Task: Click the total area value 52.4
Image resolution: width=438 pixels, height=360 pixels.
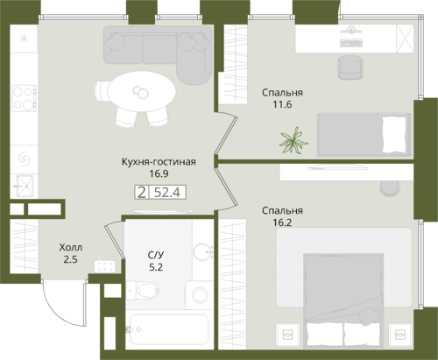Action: pos(166,193)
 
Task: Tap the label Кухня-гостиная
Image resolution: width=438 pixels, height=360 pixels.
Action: pos(159,162)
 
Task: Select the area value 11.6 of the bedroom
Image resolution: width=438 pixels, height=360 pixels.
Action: pos(282,104)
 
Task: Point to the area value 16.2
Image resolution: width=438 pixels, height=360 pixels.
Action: pos(282,222)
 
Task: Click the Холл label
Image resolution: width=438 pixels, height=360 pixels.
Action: pos(71,248)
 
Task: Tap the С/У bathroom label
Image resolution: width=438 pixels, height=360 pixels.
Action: pos(156,255)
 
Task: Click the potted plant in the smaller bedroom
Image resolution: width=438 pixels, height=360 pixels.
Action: pos(293,141)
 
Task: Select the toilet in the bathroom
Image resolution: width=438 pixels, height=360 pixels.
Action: pos(144,290)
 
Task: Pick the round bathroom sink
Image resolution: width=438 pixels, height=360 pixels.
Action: pos(203,251)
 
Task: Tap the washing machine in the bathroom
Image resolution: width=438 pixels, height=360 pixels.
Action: pos(200,294)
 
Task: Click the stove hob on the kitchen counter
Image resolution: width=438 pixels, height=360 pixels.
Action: pos(24,98)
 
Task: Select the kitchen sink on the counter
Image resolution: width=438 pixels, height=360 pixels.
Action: pos(25,186)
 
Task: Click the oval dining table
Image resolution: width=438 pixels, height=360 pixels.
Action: pos(141,91)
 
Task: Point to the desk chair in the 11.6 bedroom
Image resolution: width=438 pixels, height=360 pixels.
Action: pos(350,67)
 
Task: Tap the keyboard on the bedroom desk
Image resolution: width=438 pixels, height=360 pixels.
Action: pos(351,43)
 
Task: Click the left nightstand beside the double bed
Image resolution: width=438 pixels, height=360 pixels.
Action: pos(288,334)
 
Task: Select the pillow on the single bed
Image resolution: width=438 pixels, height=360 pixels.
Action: pos(394,135)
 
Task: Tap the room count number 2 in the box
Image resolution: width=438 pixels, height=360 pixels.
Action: pos(142,193)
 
